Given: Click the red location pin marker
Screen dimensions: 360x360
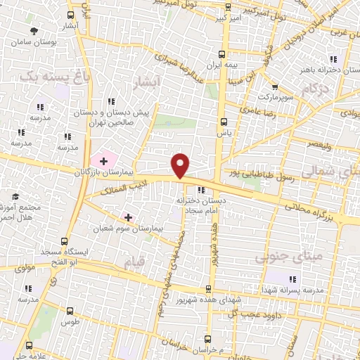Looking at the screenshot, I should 181,165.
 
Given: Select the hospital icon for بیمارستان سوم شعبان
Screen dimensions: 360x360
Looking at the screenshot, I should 128,217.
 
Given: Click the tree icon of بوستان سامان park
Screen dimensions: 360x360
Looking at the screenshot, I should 34,30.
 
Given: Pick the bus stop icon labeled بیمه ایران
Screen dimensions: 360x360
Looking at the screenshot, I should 222,53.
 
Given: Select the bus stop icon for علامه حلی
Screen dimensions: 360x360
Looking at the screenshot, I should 29,345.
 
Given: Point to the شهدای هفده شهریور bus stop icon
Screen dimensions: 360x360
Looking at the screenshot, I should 208,289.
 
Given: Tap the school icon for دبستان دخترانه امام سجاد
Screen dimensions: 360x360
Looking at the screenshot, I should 201,189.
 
